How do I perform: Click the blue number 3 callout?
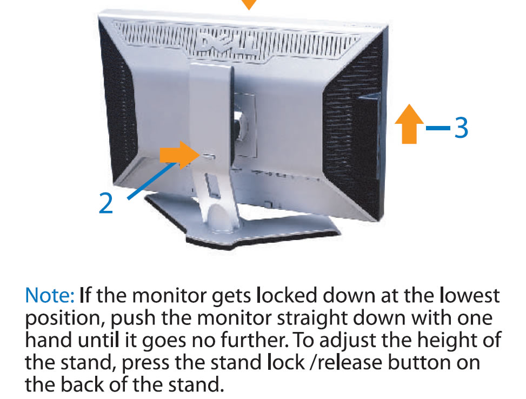click(x=460, y=128)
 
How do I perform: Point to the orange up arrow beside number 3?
click(x=409, y=124)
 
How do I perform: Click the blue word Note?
click(x=50, y=296)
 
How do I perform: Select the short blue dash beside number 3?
click(x=437, y=129)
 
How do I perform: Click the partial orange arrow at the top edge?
click(x=248, y=4)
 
